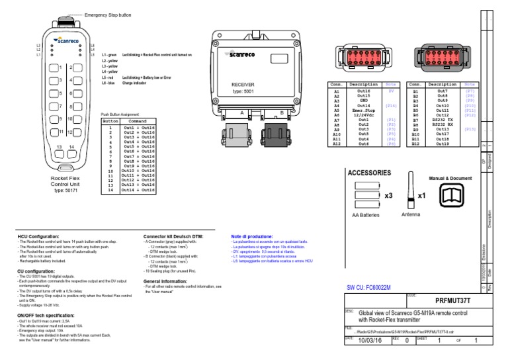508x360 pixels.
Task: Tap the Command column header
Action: (x=138, y=121)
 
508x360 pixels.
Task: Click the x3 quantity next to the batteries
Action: (x=389, y=196)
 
